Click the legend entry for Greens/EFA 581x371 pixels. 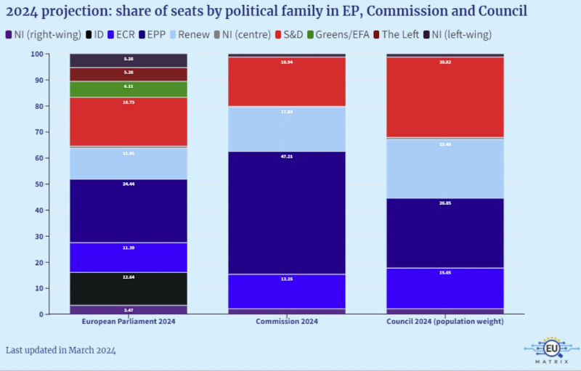[x=341, y=34]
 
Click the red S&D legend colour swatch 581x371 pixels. [x=280, y=34]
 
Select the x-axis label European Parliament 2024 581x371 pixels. [x=128, y=322]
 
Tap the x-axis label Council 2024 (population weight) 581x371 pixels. [x=444, y=322]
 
